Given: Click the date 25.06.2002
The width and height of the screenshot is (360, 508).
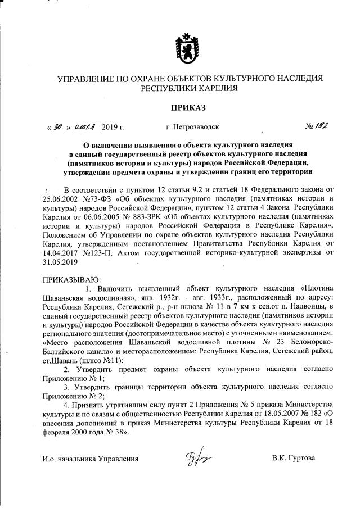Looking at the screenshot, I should [61, 199].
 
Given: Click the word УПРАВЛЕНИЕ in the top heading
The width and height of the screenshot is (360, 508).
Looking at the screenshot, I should [87, 78].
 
